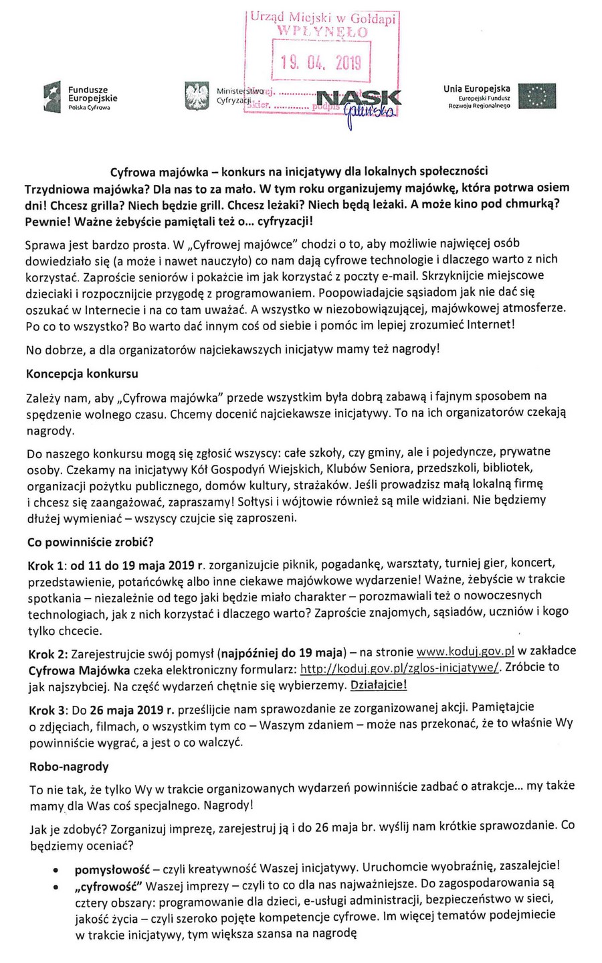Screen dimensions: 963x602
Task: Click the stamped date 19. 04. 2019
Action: (x=320, y=64)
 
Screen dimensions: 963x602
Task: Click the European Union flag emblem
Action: (x=538, y=98)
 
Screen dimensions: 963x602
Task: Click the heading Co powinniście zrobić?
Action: (x=90, y=541)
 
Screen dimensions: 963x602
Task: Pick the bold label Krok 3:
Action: (x=48, y=708)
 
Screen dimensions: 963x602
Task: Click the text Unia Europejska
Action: (x=476, y=88)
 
